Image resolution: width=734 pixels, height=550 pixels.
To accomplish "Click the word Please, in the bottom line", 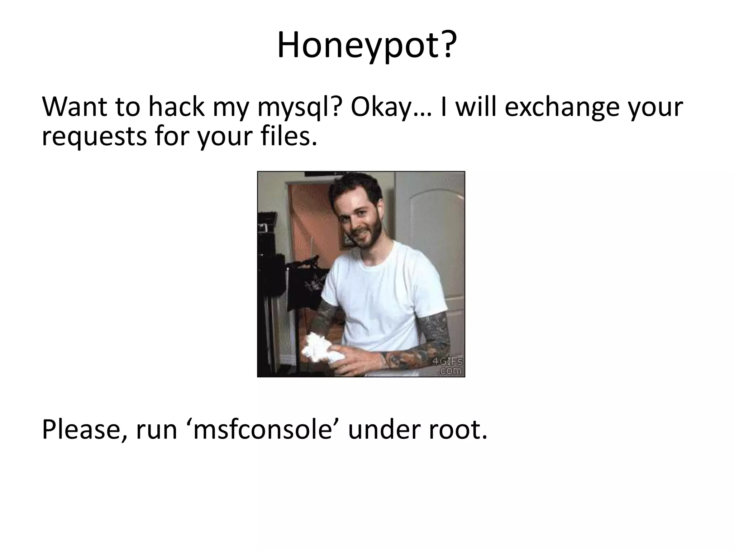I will tap(85, 430).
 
